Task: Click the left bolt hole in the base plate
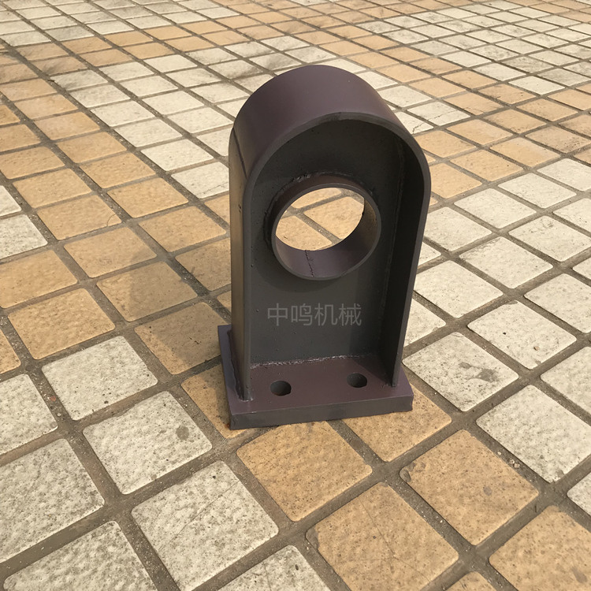click(281, 388)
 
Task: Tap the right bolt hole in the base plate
click(356, 381)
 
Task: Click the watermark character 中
click(278, 315)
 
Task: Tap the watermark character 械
click(350, 315)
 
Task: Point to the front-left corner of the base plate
click(231, 429)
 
